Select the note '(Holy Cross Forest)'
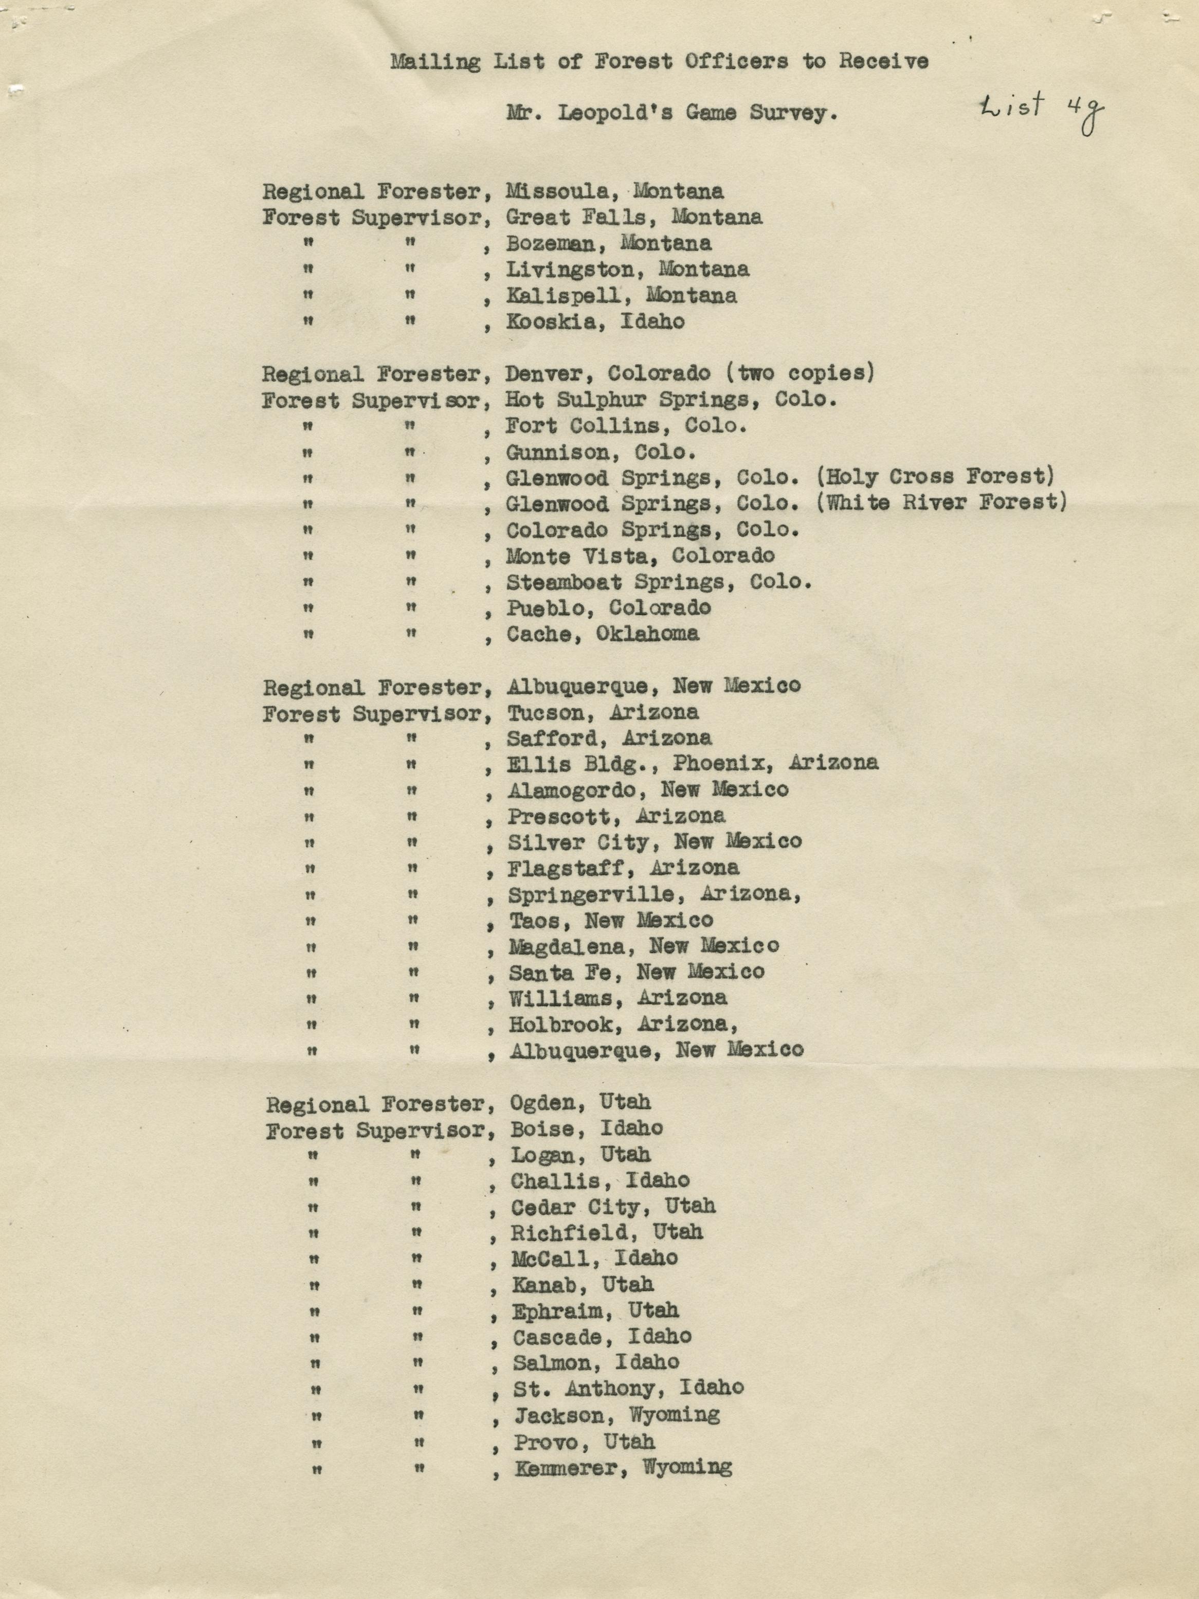(935, 477)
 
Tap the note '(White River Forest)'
(941, 503)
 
